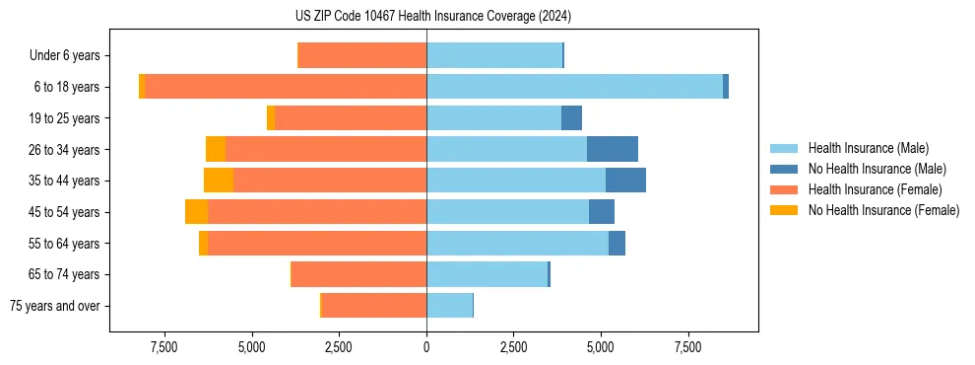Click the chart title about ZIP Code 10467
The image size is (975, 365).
432,16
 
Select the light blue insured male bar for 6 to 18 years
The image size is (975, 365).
574,87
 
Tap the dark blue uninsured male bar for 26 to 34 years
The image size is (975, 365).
613,149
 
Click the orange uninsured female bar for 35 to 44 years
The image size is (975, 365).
219,181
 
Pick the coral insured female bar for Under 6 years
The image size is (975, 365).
361,55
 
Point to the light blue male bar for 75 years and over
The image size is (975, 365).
449,306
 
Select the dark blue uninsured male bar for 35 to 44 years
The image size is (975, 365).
625,181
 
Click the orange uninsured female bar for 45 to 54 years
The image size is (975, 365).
196,212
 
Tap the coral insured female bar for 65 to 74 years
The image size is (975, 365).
358,274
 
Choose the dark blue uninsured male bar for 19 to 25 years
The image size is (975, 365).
571,118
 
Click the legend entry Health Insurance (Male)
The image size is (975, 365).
868,148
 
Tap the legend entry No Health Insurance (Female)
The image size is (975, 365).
882,210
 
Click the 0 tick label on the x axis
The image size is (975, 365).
426,347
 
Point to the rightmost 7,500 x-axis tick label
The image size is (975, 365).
688,347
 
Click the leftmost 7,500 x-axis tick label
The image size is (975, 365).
164,347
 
